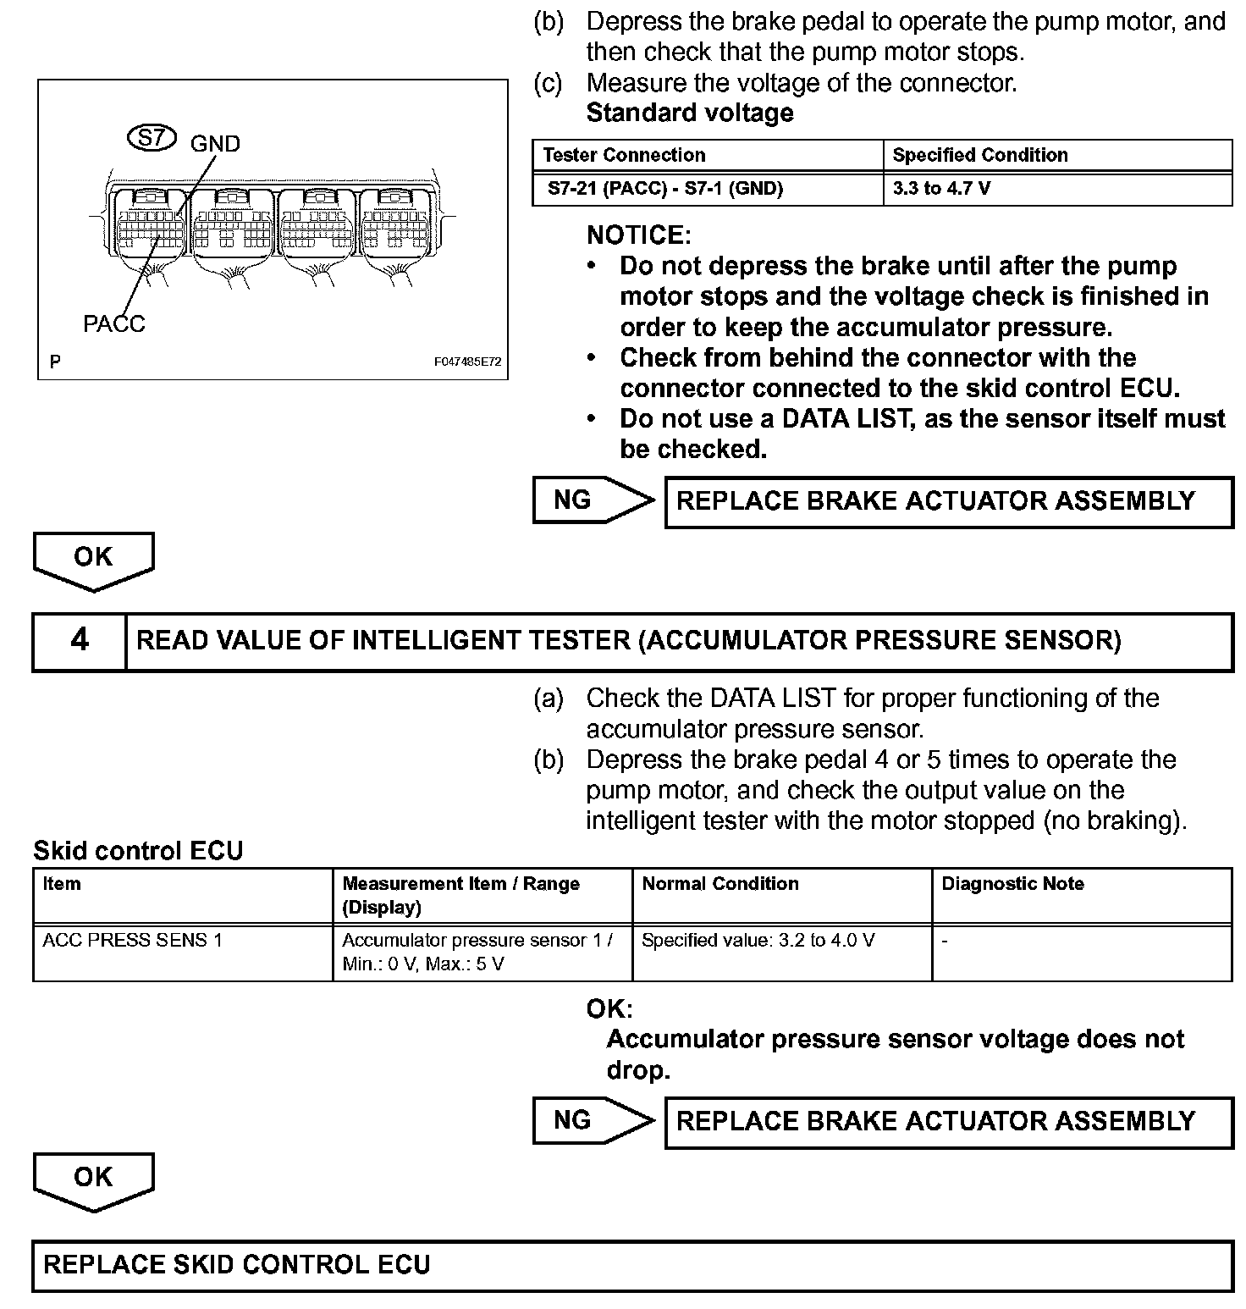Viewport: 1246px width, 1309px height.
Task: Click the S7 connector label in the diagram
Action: pyautogui.click(x=152, y=138)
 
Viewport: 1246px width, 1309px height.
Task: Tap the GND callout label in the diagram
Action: pyautogui.click(x=215, y=144)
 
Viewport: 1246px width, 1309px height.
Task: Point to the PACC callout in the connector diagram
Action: pyautogui.click(x=113, y=323)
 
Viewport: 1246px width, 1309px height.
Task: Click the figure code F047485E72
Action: pyautogui.click(x=467, y=362)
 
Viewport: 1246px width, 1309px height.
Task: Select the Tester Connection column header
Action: pyautogui.click(x=624, y=155)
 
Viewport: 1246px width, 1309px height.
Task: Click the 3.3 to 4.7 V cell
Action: pyautogui.click(x=941, y=188)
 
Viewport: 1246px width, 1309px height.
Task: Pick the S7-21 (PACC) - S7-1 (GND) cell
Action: pyautogui.click(x=664, y=188)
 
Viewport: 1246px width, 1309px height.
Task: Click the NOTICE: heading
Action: pyautogui.click(x=638, y=235)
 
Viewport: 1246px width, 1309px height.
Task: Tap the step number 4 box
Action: pyautogui.click(x=80, y=641)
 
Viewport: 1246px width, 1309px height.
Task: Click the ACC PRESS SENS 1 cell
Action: pyautogui.click(x=132, y=940)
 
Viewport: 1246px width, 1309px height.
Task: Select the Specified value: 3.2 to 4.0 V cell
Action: pyautogui.click(x=758, y=940)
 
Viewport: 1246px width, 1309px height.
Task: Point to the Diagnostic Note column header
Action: pyautogui.click(x=1012, y=884)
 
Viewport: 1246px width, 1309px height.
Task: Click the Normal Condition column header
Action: pyautogui.click(x=720, y=884)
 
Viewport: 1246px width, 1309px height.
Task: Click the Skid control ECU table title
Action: pyautogui.click(x=138, y=851)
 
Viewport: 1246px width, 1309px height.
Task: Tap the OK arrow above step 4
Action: pyautogui.click(x=93, y=559)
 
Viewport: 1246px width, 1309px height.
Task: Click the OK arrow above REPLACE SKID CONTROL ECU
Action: pyautogui.click(x=93, y=1179)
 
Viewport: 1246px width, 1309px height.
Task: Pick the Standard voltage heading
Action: pyautogui.click(x=690, y=113)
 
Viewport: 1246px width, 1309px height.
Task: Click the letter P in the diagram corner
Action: pyautogui.click(x=55, y=362)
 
